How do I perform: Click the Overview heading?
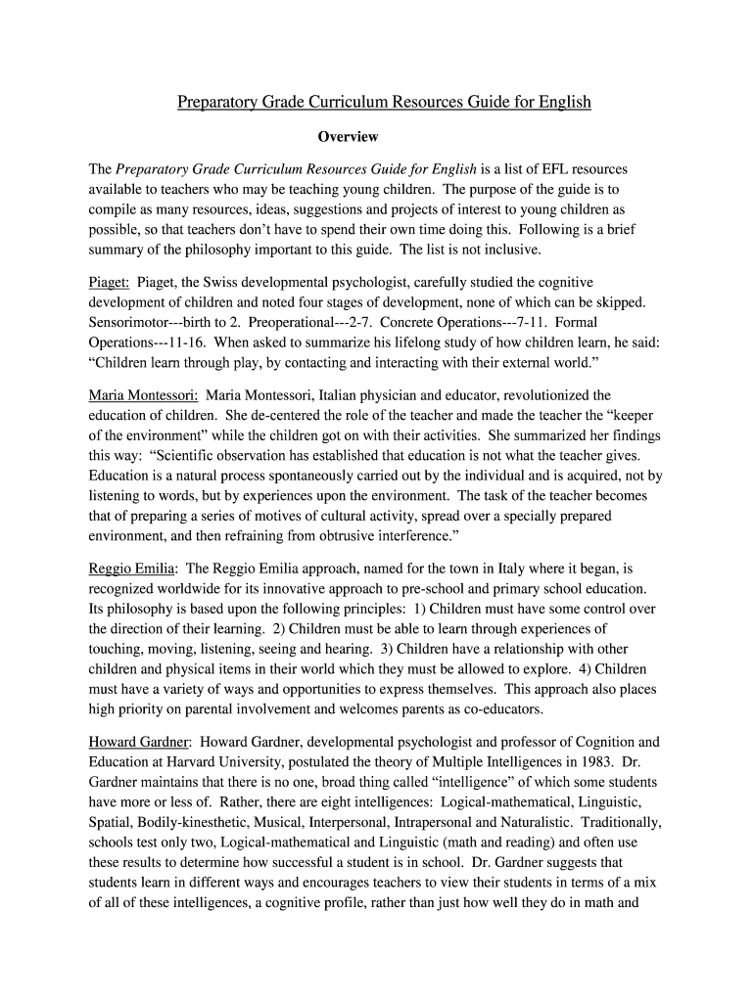coord(348,137)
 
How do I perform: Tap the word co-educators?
coord(500,709)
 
